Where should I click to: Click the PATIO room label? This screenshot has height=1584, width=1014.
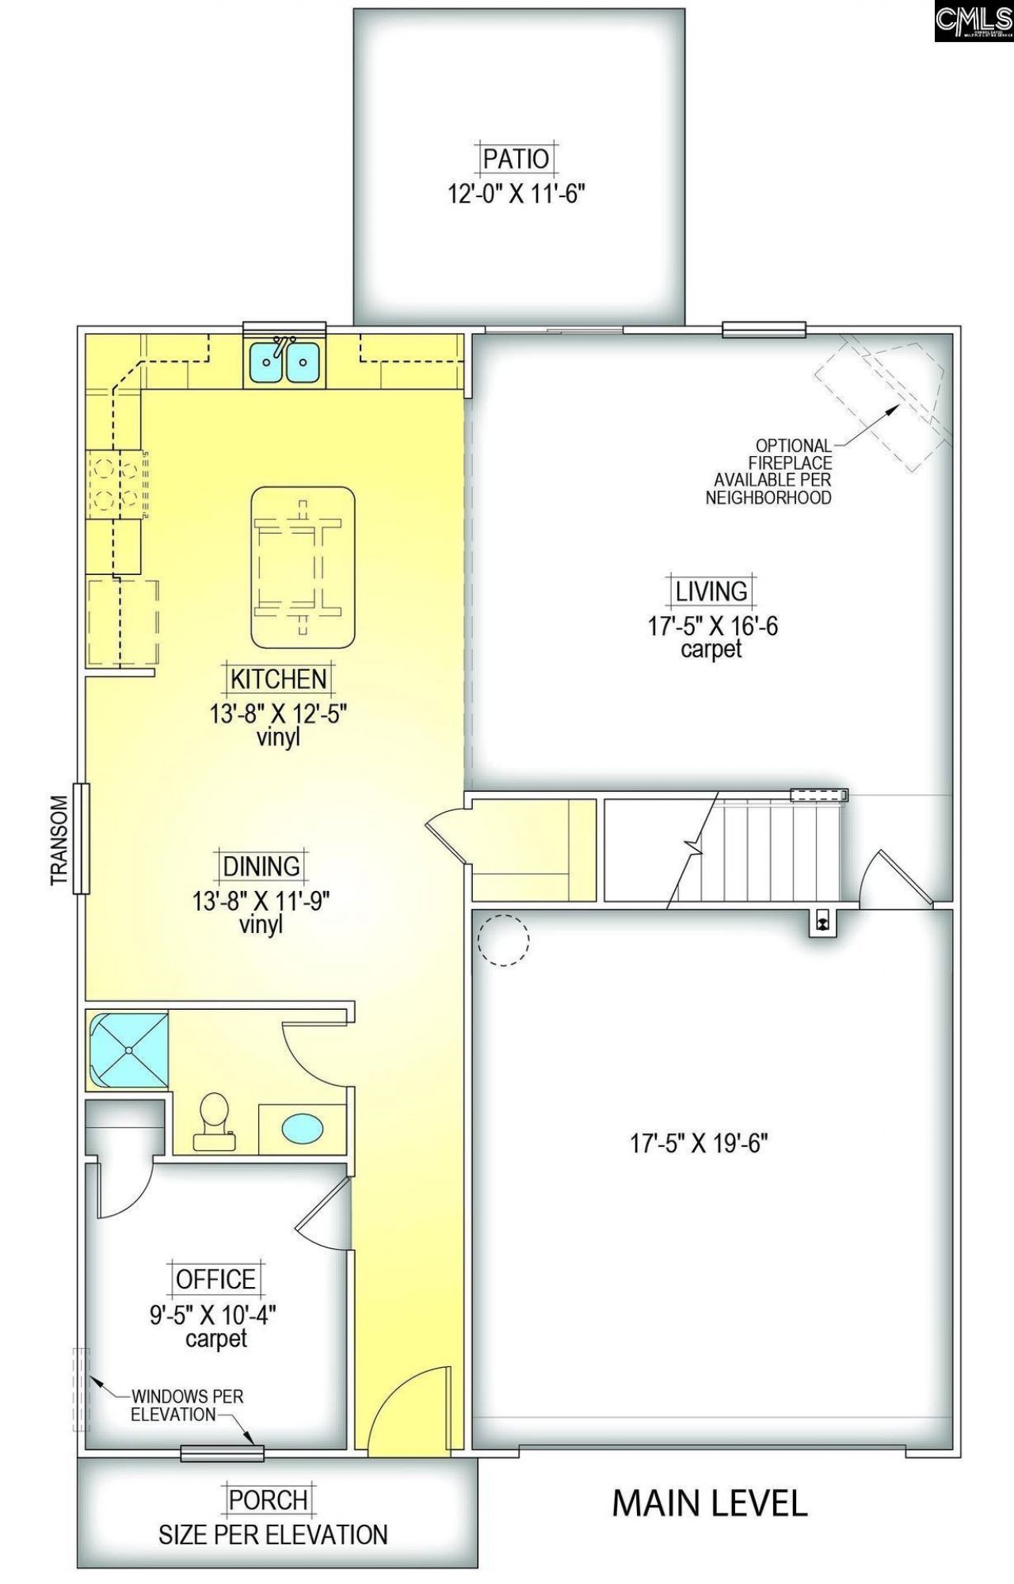click(x=516, y=158)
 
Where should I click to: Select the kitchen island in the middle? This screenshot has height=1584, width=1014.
click(x=303, y=567)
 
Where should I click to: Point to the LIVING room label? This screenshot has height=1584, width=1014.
click(x=711, y=591)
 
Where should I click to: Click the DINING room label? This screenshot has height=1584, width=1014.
click(x=261, y=866)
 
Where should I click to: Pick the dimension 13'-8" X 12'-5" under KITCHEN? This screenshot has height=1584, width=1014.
click(x=278, y=714)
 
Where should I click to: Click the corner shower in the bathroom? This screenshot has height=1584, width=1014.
click(x=128, y=1050)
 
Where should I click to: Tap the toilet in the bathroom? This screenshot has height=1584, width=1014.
click(x=212, y=1121)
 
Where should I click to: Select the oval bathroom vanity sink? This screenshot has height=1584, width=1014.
click(x=303, y=1127)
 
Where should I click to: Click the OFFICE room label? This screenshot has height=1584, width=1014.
click(x=215, y=1279)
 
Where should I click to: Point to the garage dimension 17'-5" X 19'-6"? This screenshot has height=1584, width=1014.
click(x=699, y=1144)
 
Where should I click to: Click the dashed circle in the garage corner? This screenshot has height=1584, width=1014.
click(x=503, y=939)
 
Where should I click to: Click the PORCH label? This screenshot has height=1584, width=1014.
click(x=268, y=1499)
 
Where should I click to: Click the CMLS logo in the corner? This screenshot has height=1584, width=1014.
click(x=974, y=21)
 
